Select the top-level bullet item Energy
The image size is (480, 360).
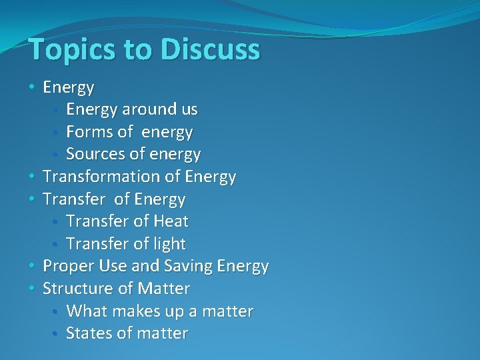click(x=68, y=87)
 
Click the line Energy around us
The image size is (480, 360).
click(x=131, y=109)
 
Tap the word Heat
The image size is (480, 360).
click(x=171, y=221)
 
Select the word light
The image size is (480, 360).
click(x=169, y=244)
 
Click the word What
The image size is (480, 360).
click(x=85, y=311)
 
